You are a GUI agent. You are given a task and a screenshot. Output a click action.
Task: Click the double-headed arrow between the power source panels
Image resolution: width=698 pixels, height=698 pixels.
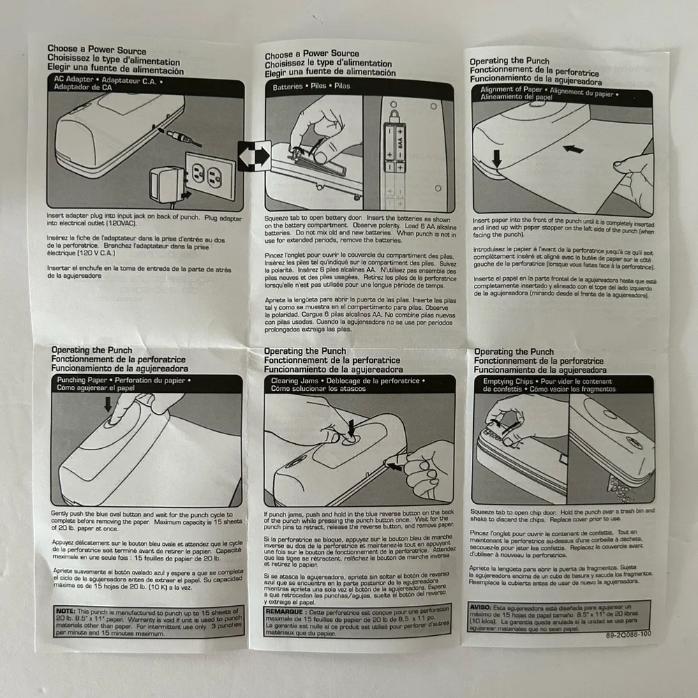click(x=253, y=155)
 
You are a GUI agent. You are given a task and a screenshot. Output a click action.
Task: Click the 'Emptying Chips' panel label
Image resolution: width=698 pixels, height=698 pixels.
click(x=509, y=382)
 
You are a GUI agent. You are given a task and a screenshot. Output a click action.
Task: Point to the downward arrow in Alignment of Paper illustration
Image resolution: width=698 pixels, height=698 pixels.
click(x=496, y=159)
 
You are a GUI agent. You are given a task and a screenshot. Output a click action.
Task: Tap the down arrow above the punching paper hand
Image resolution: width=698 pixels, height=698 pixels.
click(x=107, y=404)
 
